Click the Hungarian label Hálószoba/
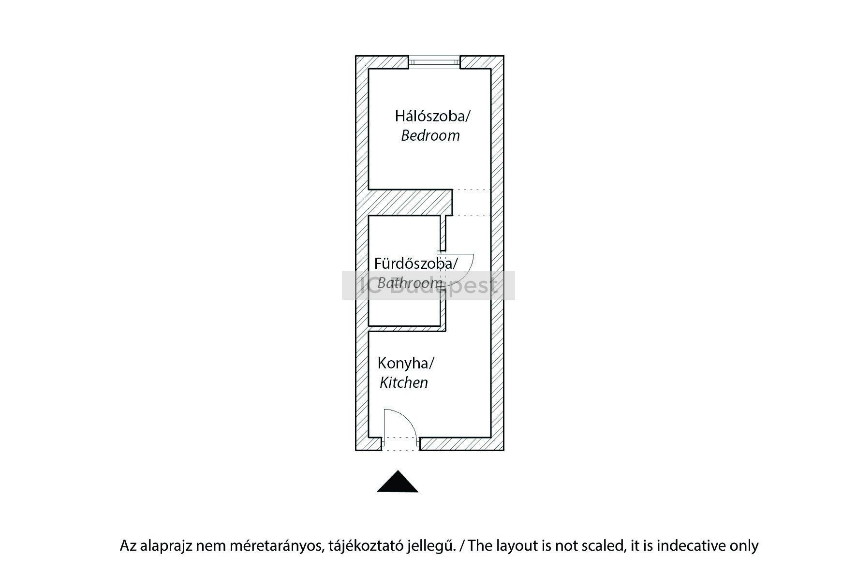coord(432,117)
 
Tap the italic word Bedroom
coord(430,136)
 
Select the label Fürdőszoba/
coord(415,264)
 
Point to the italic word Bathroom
coord(409,283)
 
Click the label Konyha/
coord(405,363)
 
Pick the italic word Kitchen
coord(403,383)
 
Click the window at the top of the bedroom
coord(434,62)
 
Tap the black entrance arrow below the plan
coord(398,483)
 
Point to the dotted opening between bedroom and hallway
coord(472,203)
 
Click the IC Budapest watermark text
coord(428,285)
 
